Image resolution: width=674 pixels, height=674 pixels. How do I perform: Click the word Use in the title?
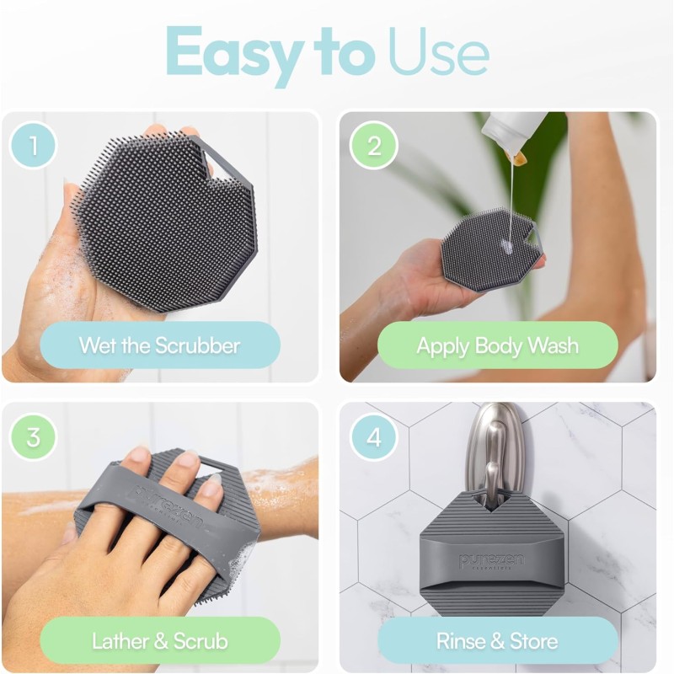pos(438,52)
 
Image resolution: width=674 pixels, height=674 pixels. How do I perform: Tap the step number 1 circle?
pos(34,146)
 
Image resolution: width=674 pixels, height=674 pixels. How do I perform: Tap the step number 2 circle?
pos(374,146)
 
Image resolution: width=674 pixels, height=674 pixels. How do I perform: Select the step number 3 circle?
pos(34,437)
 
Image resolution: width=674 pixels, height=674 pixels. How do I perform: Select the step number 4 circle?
pos(374,437)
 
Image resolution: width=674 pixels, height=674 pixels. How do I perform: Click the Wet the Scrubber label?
pos(160,345)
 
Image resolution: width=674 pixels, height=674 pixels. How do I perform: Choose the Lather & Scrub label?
pos(160,640)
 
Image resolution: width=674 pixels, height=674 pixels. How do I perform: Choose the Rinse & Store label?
pos(497,640)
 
